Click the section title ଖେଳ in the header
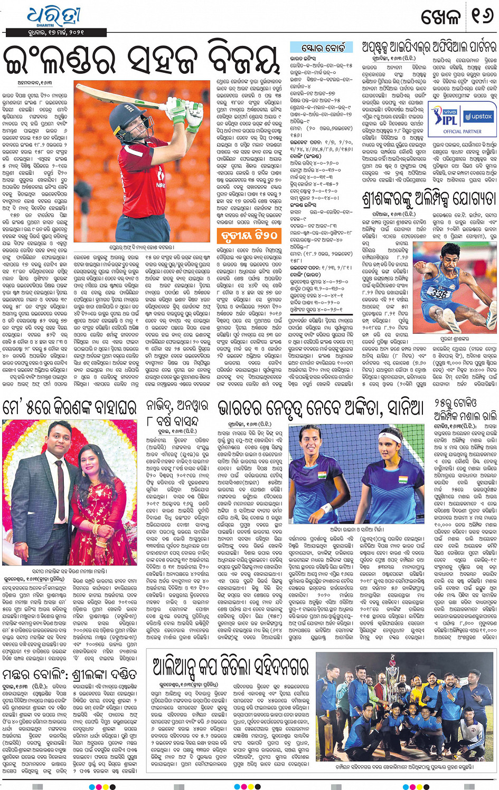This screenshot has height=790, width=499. click(x=440, y=17)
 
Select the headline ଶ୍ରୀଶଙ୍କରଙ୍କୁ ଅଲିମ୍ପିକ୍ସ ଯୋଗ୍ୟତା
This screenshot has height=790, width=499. click(x=428, y=198)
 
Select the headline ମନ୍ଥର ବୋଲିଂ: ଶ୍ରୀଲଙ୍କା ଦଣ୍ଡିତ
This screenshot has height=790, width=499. click(x=70, y=675)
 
